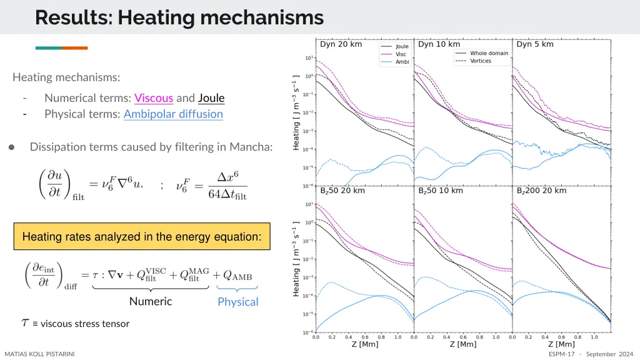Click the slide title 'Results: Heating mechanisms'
(x=179, y=17)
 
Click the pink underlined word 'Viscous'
(x=154, y=97)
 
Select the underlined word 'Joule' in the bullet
(x=211, y=97)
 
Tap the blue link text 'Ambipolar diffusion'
(x=173, y=114)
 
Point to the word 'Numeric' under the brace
(x=151, y=301)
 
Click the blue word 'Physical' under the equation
(x=237, y=302)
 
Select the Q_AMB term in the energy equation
(x=236, y=276)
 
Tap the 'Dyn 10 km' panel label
(x=439, y=44)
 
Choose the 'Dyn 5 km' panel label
(x=534, y=44)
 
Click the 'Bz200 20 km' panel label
(x=541, y=190)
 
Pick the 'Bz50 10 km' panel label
(x=441, y=190)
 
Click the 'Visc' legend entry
(x=401, y=54)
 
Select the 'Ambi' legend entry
(x=402, y=61)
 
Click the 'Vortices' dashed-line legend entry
(x=481, y=61)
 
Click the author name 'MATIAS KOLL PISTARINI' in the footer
(x=39, y=354)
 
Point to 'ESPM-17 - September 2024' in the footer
(x=591, y=354)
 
